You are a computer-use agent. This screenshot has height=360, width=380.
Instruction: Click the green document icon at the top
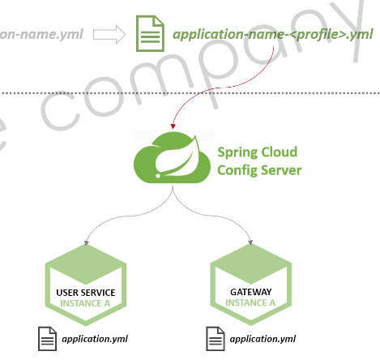(149, 34)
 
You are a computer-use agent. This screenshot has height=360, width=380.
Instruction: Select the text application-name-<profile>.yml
(273, 35)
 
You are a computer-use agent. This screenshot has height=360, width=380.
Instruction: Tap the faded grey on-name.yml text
(41, 35)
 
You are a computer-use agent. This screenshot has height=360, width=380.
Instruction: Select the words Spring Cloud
(257, 152)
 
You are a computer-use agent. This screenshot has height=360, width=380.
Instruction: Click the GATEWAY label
(250, 291)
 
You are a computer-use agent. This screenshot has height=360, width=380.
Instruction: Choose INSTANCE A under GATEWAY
(250, 303)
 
